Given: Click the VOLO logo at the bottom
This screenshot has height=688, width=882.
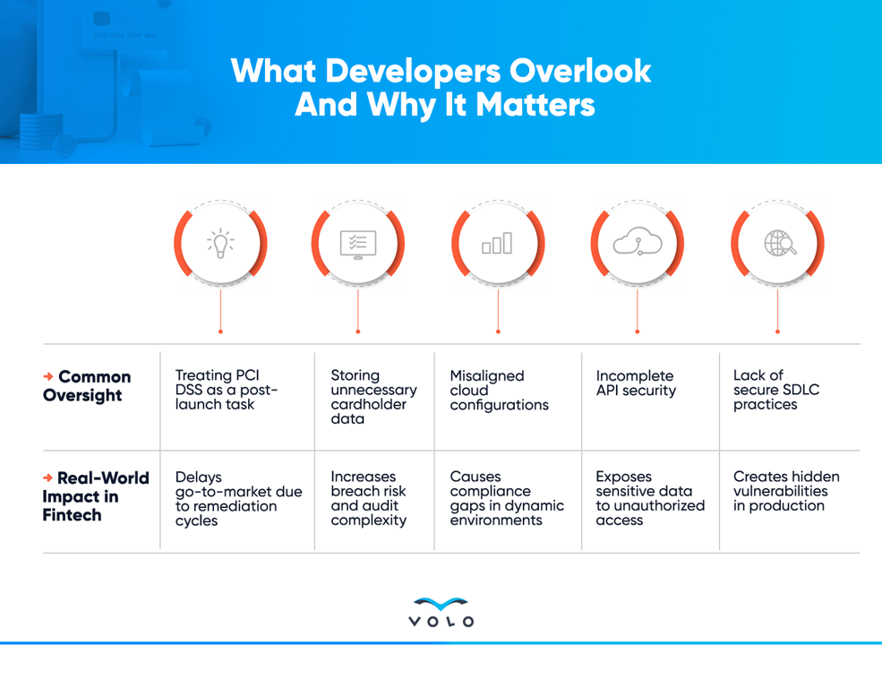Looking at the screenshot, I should (441, 612).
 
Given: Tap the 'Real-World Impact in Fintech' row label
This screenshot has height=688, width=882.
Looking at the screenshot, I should (96, 495).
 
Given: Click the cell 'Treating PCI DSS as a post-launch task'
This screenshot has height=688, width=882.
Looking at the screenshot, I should (227, 390).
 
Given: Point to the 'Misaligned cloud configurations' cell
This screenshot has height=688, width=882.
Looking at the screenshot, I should (499, 390).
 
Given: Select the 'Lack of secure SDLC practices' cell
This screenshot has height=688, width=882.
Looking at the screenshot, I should (776, 390).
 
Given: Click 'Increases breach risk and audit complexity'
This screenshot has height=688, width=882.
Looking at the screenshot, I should (368, 498).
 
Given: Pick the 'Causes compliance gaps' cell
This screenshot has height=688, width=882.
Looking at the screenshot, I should (507, 498).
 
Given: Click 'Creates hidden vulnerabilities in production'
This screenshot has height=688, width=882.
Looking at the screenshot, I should (786, 491).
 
